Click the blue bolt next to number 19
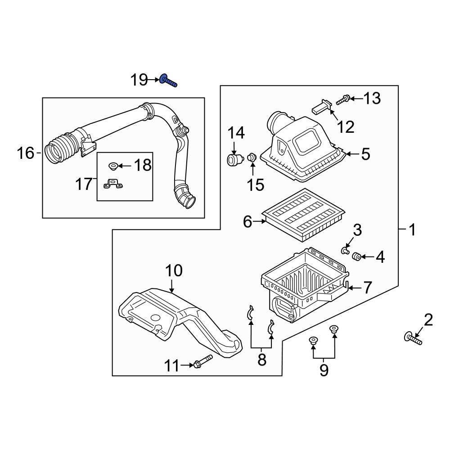click(167, 81)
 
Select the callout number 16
click(26, 153)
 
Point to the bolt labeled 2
click(414, 338)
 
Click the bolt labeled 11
click(203, 361)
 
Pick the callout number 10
click(174, 270)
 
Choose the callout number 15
click(256, 184)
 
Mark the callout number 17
click(84, 184)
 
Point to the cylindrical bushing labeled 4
click(356, 256)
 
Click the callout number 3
click(357, 230)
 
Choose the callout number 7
click(368, 287)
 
